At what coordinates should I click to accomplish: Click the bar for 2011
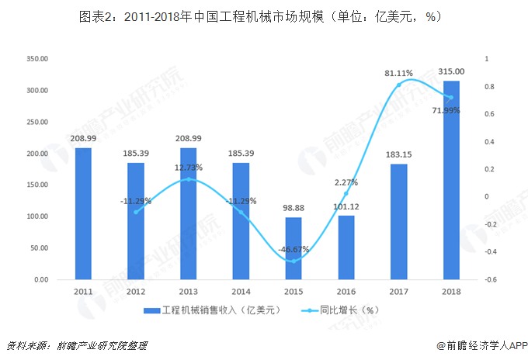tap(83, 213)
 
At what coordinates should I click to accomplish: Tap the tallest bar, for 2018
tap(451, 180)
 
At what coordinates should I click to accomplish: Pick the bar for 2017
tap(398, 221)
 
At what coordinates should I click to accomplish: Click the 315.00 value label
tap(451, 71)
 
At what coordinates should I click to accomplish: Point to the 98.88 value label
tap(294, 209)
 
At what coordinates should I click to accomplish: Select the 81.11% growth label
tap(398, 73)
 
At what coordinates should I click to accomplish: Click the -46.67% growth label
tap(294, 250)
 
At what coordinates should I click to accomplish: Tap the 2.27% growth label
tap(346, 183)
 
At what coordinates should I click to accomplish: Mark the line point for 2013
tap(189, 179)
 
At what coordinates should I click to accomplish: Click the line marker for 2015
tap(294, 261)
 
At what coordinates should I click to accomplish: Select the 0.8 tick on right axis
tap(487, 87)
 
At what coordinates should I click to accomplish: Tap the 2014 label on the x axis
tap(241, 290)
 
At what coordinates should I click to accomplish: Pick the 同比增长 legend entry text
tap(349, 310)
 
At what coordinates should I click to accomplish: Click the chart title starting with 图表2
tap(264, 17)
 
